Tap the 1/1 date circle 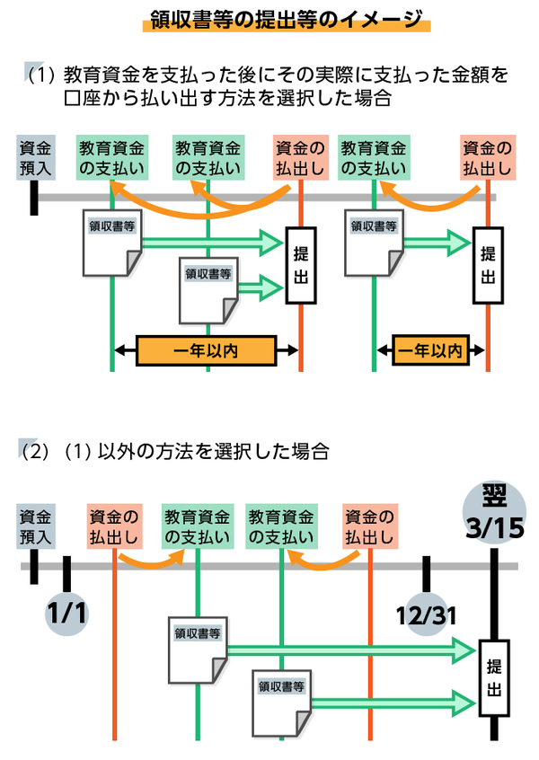click(65, 614)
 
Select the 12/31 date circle click(427, 614)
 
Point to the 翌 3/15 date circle click(495, 510)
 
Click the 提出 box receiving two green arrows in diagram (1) click(301, 266)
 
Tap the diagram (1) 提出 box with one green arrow click(488, 266)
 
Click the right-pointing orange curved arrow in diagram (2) click(150, 562)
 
